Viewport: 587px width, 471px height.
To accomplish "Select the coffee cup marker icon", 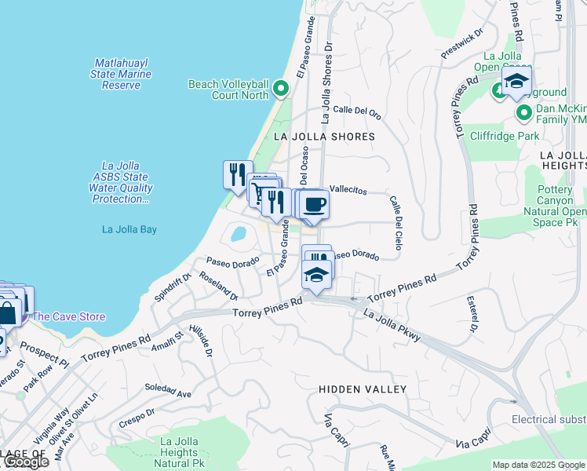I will coord(314,205).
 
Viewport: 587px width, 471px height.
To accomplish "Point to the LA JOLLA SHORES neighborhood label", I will coord(324,137).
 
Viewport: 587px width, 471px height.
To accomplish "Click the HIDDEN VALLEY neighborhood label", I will coord(363,389).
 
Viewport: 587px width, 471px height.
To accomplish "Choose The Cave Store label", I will coord(68,317).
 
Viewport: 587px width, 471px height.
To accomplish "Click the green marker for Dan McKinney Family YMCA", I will coord(524,115).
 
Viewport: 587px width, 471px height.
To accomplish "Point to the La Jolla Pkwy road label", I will coord(392,324).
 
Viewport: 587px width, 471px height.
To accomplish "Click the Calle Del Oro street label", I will coord(357,112).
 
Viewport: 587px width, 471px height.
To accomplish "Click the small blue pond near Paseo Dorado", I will coord(237,233).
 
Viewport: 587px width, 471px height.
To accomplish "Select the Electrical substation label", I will coord(549,420).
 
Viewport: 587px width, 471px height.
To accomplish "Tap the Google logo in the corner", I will coord(25,462).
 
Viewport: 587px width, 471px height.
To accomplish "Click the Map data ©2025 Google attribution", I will coord(538,465).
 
